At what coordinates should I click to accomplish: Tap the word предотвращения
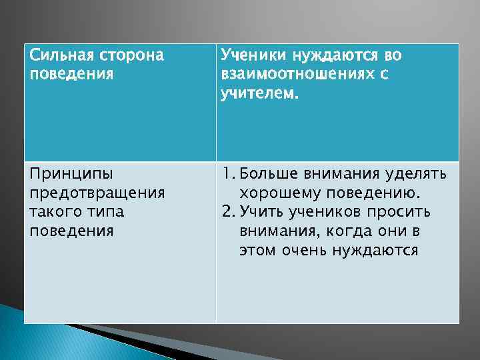97,193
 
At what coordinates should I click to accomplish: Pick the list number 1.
228,174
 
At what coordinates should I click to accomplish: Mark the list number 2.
229,212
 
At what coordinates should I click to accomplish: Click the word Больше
269,174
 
